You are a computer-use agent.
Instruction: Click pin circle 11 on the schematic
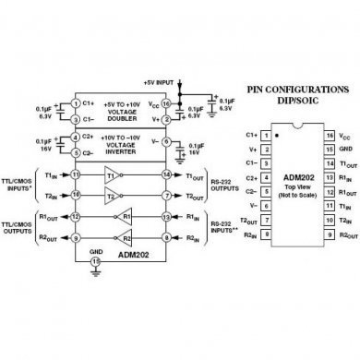pos(76,173)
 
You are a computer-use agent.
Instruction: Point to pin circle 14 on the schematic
pos(164,173)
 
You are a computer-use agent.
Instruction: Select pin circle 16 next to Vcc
pos(164,104)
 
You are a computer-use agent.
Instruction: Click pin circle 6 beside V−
pos(164,141)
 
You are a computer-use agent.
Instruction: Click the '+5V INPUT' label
pos(161,82)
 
